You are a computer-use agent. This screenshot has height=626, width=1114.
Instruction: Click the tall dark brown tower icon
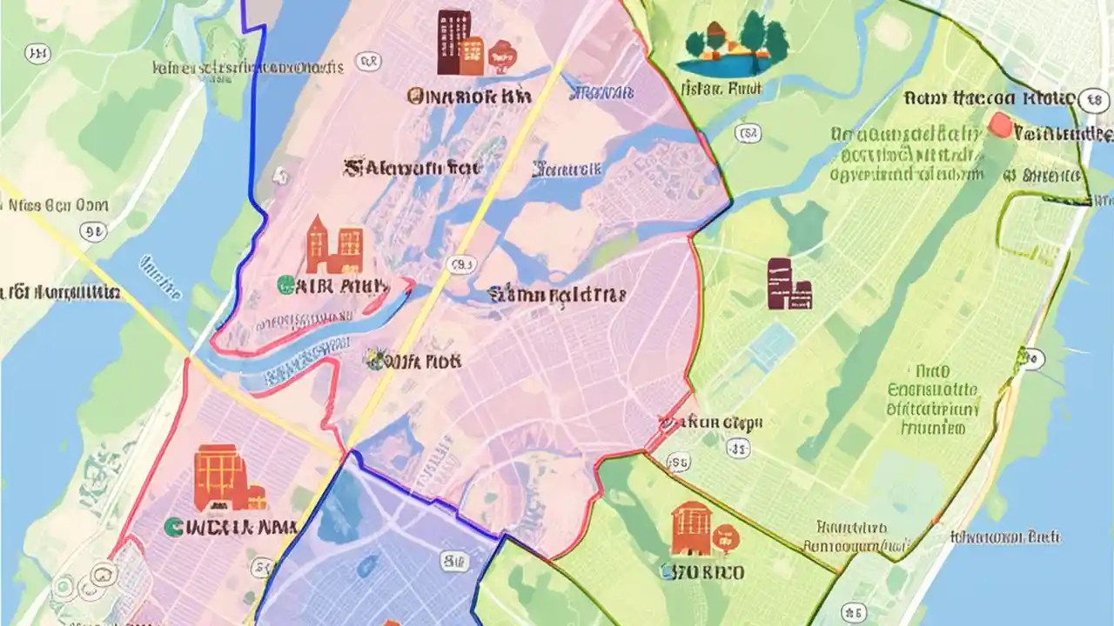(452, 41)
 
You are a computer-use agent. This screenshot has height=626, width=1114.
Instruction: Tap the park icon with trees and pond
(737, 44)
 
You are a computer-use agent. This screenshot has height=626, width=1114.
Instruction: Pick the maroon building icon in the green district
(789, 284)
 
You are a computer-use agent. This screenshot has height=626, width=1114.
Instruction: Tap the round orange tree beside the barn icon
(723, 537)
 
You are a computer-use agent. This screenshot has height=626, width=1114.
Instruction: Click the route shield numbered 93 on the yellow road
(460, 264)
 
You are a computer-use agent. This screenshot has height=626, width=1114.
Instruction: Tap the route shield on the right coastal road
(1032, 358)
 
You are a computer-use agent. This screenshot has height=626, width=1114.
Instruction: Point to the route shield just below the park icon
(747, 133)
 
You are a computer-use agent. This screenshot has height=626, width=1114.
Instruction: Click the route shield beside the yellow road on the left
(92, 231)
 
